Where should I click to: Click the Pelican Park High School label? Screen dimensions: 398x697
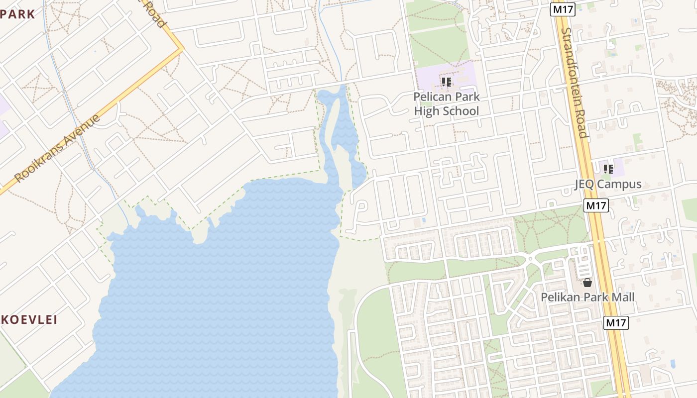447,103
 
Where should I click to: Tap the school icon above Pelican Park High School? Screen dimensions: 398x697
447,82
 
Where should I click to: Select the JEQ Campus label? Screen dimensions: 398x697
608,184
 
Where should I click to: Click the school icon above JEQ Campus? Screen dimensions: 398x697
608,169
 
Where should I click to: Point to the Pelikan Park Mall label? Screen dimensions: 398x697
587,297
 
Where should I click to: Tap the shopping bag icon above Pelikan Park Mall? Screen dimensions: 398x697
587,283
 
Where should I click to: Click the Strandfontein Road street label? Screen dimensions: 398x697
574,82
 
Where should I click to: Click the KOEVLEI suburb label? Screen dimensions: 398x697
29,319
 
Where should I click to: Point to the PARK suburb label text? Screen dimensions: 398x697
18,14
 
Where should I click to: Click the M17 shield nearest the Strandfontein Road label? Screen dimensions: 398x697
563,9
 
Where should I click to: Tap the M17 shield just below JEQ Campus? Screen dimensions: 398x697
596,205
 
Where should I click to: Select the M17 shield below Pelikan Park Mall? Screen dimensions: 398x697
616,322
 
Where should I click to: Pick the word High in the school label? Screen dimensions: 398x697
427,110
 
